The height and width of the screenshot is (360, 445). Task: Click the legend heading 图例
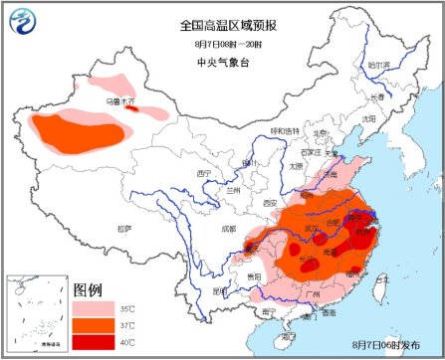[x=90, y=290]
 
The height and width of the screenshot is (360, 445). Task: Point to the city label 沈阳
[x=369, y=117]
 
